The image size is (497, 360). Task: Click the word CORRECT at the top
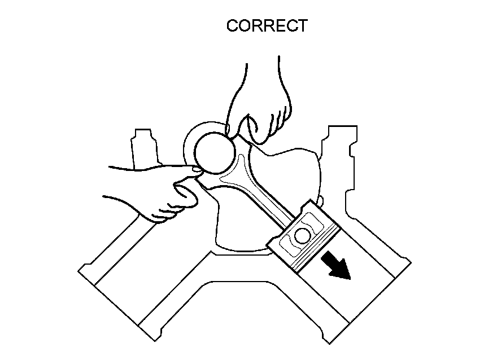pos(267,26)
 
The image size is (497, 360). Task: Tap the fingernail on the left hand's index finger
pos(195,168)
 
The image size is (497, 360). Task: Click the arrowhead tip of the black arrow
pos(350,278)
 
